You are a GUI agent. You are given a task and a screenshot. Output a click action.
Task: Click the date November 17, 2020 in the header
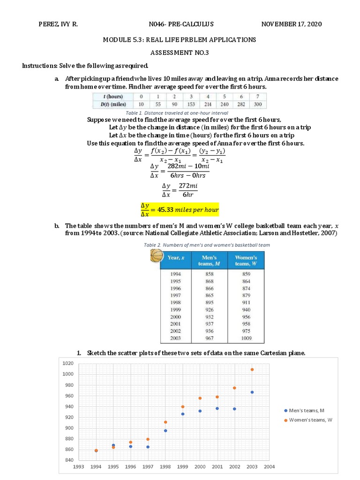tap(292, 24)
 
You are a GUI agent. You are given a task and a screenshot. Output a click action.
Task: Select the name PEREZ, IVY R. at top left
tap(58, 24)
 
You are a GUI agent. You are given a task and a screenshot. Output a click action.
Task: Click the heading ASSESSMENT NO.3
tap(180, 53)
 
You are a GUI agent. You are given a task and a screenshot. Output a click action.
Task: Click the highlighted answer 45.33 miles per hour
tap(180, 210)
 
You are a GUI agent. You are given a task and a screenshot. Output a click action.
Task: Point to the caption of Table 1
tap(177, 113)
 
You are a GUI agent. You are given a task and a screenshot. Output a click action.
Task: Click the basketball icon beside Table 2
tap(156, 256)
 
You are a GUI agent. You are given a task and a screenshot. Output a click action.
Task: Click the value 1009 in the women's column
tap(246, 338)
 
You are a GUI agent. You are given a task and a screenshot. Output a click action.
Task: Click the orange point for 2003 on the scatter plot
tap(252, 369)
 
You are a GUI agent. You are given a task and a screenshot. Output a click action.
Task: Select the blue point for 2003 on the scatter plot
tap(252, 392)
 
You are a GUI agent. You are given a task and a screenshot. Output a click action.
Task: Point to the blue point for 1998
tap(165, 430)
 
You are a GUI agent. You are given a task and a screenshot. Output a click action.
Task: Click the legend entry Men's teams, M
tap(307, 411)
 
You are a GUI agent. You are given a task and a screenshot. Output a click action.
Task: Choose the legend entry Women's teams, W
tap(310, 420)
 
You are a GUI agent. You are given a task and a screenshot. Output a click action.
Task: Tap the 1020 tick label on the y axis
tap(68, 363)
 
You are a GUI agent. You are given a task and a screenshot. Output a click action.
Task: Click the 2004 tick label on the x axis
tap(269, 467)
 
